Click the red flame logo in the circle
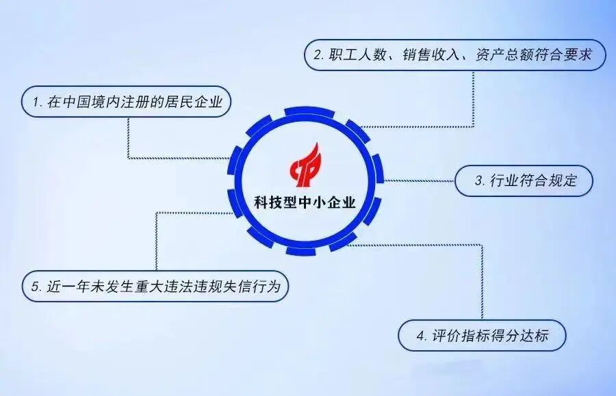(307, 165)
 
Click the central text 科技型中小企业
(305, 202)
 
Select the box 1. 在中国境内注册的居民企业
(126, 102)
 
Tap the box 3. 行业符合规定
(525, 181)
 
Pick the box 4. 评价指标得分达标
(482, 335)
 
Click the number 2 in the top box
(318, 55)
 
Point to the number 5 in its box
(35, 287)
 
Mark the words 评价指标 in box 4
(457, 336)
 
